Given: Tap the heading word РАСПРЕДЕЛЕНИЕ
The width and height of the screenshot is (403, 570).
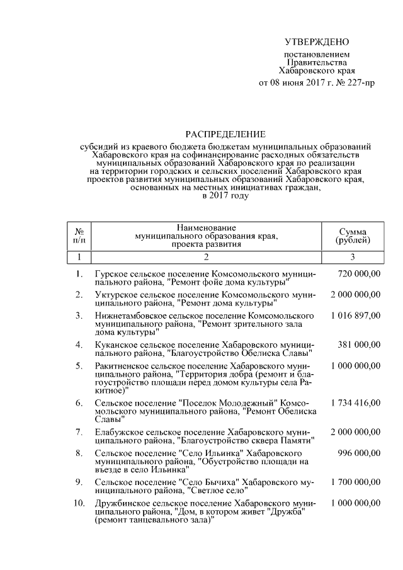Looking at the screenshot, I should pos(225,134).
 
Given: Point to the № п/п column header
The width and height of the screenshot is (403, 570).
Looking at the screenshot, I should pos(80,236).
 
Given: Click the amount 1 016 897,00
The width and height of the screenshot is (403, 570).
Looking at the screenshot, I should pos(355,314).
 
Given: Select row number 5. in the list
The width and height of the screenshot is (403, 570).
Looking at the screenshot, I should pos(79,365).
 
